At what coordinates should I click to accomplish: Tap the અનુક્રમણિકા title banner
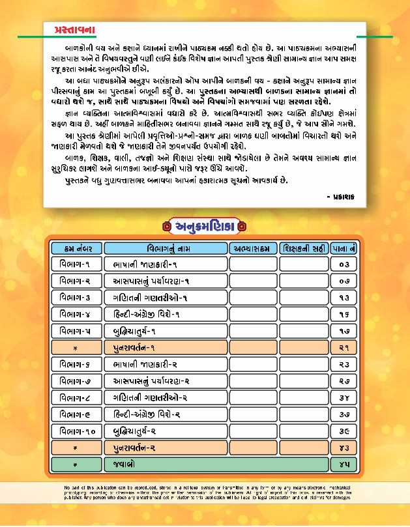point(205,226)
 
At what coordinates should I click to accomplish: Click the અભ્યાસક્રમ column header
point(253,249)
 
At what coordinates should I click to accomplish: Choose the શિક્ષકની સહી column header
point(304,249)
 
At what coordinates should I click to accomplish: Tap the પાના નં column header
point(344,249)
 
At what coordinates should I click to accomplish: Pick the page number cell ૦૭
point(344,281)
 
